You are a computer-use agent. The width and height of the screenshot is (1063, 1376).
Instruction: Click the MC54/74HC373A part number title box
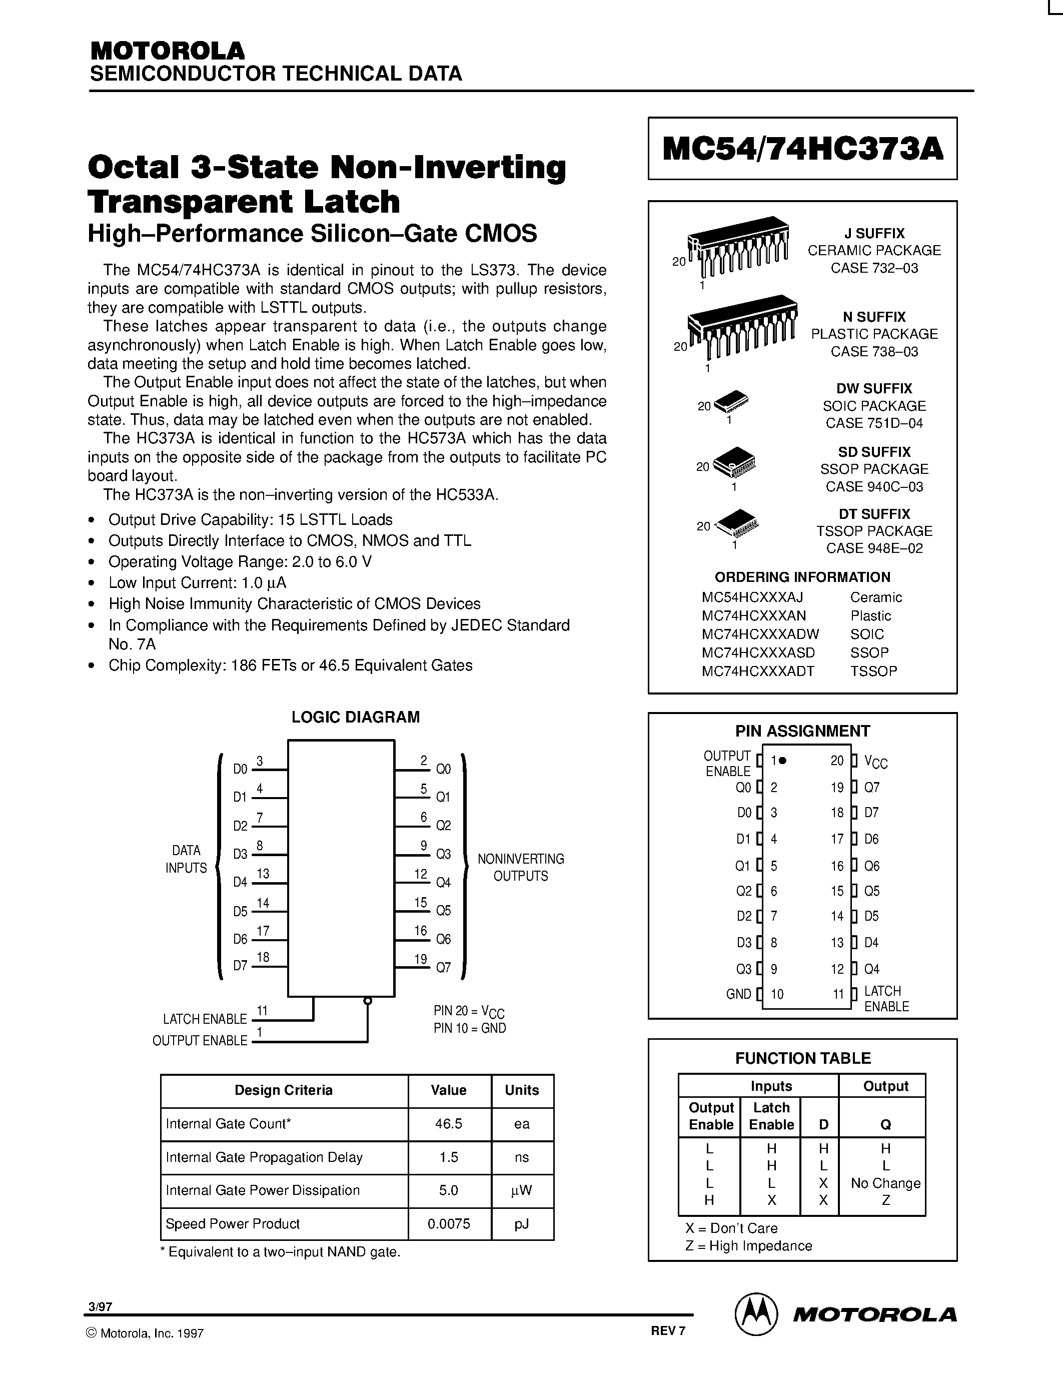click(x=802, y=149)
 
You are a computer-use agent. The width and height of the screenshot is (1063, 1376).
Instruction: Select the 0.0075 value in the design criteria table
click(x=448, y=1223)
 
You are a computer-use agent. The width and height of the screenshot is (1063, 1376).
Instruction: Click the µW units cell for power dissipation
click(x=521, y=1190)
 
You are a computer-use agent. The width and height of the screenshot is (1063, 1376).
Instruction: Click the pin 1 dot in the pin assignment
click(x=783, y=761)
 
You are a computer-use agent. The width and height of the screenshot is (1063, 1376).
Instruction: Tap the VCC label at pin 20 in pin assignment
click(x=875, y=763)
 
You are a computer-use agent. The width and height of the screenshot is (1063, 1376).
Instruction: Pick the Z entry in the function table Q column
click(x=885, y=1200)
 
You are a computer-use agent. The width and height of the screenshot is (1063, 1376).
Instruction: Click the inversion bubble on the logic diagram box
click(x=368, y=1001)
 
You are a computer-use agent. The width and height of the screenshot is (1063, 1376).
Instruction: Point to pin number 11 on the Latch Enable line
click(x=263, y=1011)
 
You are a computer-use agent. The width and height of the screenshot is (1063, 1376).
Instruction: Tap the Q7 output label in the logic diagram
click(x=443, y=967)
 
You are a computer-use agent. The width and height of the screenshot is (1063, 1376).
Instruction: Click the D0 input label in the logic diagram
click(x=240, y=769)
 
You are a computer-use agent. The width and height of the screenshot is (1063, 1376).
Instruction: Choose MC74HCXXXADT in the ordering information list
click(x=757, y=671)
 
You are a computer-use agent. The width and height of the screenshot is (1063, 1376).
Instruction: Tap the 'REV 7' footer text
click(x=667, y=1330)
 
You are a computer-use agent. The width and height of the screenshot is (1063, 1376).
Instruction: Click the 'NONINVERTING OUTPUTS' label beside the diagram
click(x=520, y=867)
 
